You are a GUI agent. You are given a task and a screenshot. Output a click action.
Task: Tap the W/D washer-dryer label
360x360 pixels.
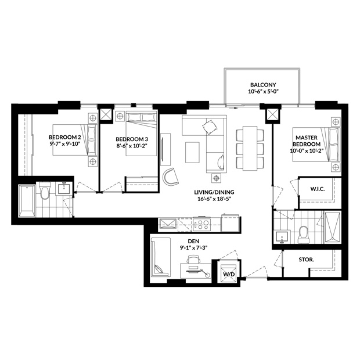pos(229,274)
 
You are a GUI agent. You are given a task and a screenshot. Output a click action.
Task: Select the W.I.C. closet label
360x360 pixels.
pos(318,189)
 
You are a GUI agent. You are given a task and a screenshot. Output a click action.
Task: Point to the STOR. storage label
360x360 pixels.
pos(306,260)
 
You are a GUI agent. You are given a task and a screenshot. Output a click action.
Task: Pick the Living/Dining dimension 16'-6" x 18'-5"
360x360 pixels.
pos(214,199)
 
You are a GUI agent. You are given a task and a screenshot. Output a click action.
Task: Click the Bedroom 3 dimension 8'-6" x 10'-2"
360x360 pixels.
pos(132,146)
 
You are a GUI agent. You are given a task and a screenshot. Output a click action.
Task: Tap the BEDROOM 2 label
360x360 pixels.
pos(65,137)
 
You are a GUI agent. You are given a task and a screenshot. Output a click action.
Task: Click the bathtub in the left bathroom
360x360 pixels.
pos(27,201)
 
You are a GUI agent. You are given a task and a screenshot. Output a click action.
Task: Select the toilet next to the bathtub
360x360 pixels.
pos(45,190)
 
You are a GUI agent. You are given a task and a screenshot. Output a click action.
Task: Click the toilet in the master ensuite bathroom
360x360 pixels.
pos(303,235)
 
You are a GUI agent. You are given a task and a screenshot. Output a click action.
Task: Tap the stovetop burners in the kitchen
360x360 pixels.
pos(201,224)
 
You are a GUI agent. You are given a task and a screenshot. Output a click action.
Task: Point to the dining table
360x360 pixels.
pos(250,148)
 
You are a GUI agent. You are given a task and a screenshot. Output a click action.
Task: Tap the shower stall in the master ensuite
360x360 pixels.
pos(333,227)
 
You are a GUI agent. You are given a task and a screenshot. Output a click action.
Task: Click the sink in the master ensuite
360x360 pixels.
pos(282,237)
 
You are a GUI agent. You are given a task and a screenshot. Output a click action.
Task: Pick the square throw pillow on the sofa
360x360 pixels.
pos(210,127)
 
